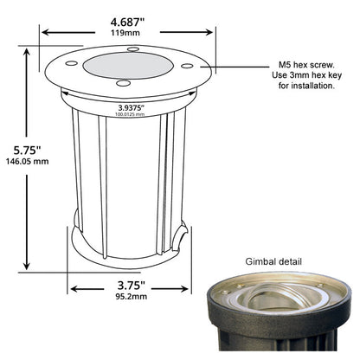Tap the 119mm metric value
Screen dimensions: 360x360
[128, 32]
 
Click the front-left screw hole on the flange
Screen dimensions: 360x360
[122, 83]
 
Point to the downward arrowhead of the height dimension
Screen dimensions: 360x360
[32, 267]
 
